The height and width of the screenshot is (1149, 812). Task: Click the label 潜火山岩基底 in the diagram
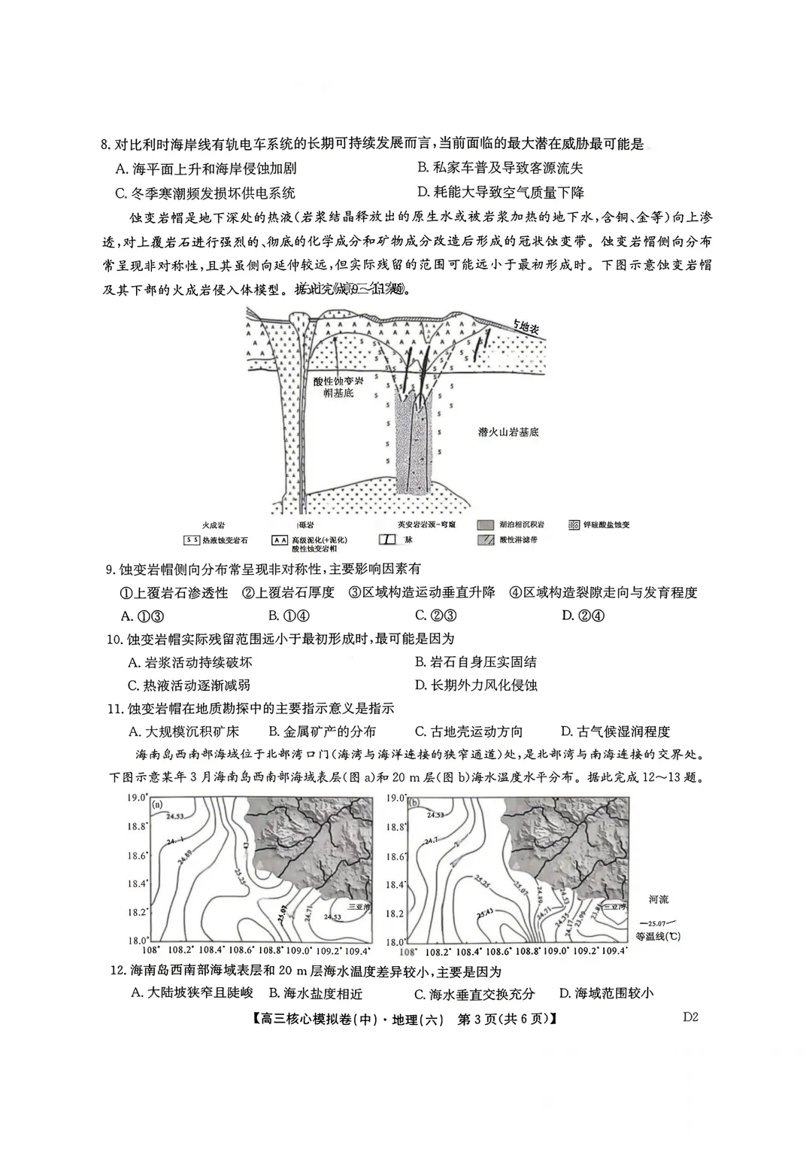pyautogui.click(x=508, y=432)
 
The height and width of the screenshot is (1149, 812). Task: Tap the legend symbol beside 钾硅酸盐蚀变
pyautogui.click(x=574, y=524)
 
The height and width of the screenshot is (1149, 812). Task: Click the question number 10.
pyautogui.click(x=115, y=640)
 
